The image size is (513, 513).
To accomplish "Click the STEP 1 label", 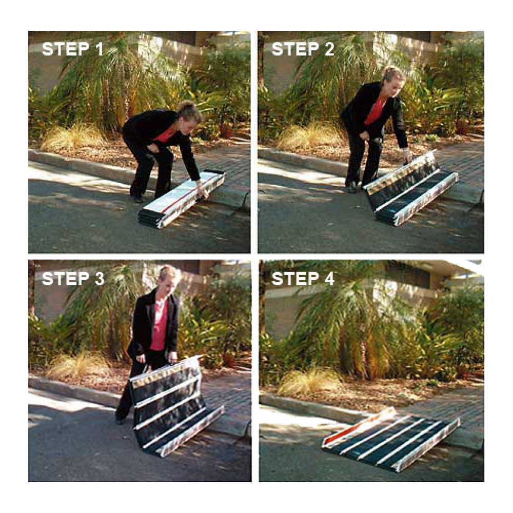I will click(x=72, y=49).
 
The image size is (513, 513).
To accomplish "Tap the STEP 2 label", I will click(x=303, y=49).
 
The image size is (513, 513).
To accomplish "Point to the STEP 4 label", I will click(x=303, y=279).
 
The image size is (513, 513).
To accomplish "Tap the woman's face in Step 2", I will click(x=394, y=81).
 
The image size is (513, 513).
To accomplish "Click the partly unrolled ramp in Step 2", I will click(x=410, y=187).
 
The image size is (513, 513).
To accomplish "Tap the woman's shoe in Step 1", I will click(x=137, y=199).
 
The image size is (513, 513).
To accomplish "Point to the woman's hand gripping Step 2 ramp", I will click(x=407, y=154).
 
